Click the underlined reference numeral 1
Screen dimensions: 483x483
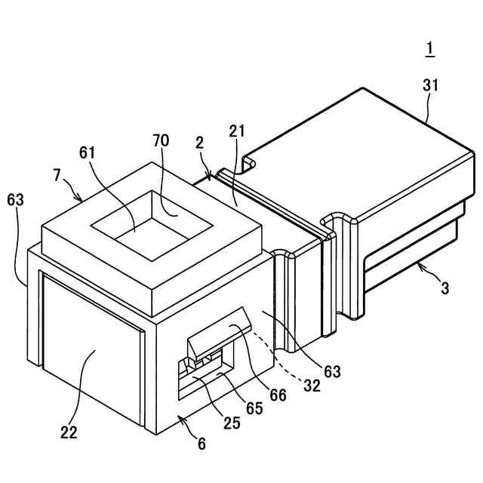click(x=429, y=49)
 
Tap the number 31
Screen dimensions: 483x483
click(x=430, y=85)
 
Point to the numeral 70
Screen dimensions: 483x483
click(x=161, y=140)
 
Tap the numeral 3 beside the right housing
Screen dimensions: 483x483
click(x=445, y=287)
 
